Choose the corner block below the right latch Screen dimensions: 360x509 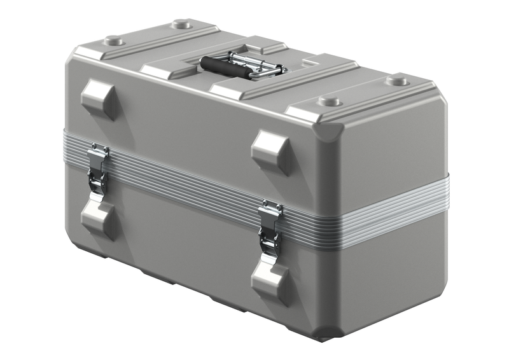(271, 279)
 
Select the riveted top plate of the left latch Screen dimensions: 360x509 (99, 153)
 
